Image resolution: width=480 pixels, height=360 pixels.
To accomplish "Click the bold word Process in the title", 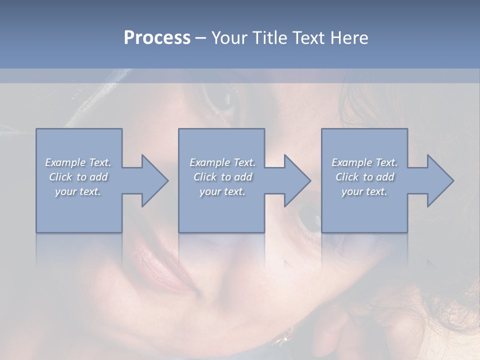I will click(157, 38).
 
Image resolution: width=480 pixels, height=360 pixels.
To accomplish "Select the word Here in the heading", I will click(348, 38).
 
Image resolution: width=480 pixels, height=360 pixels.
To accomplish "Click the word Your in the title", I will click(229, 38).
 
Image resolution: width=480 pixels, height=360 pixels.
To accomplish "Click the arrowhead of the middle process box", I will click(297, 180).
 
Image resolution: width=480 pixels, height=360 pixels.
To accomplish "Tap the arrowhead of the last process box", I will click(440, 180).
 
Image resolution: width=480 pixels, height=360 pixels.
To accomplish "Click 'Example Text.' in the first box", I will click(78, 162).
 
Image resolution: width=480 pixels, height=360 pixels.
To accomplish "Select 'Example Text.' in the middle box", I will click(222, 162).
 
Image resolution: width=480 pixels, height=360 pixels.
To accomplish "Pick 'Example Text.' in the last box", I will click(364, 162).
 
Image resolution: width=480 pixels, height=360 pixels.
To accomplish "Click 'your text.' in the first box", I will click(78, 191).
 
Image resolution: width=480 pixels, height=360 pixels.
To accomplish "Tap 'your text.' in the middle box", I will click(222, 191).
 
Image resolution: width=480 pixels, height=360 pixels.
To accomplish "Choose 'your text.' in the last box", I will click(364, 191).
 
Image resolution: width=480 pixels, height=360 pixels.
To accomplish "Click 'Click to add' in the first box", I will click(78, 177).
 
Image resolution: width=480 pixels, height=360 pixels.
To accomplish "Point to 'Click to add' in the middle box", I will click(222, 177).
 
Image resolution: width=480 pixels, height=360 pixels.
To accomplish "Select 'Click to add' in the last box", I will click(364, 177).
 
